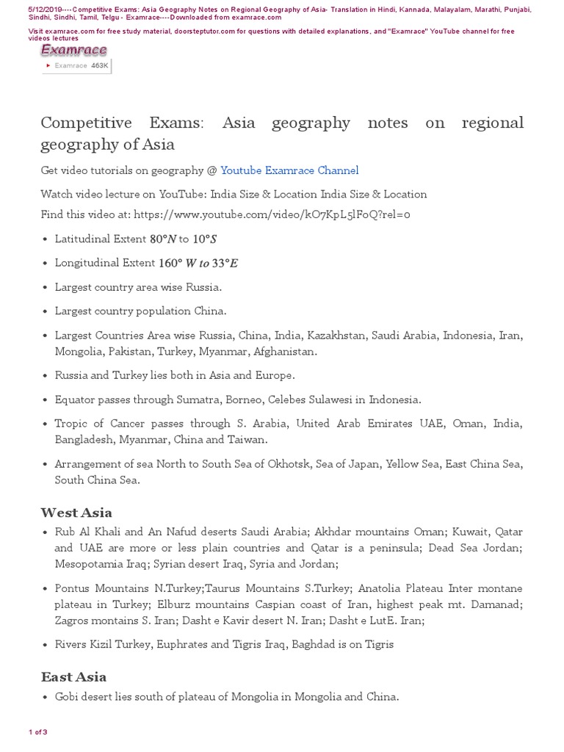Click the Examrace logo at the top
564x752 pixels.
click(x=73, y=50)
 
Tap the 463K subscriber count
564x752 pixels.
click(x=99, y=65)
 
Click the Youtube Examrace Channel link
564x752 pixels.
click(x=289, y=170)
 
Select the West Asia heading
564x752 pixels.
click(x=76, y=513)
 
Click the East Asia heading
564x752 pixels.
click(x=73, y=677)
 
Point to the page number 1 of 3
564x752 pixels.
click(x=38, y=732)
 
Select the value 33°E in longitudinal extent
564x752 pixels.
click(x=225, y=263)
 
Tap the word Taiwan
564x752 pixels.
click(x=249, y=439)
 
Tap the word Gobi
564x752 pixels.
click(x=68, y=696)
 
